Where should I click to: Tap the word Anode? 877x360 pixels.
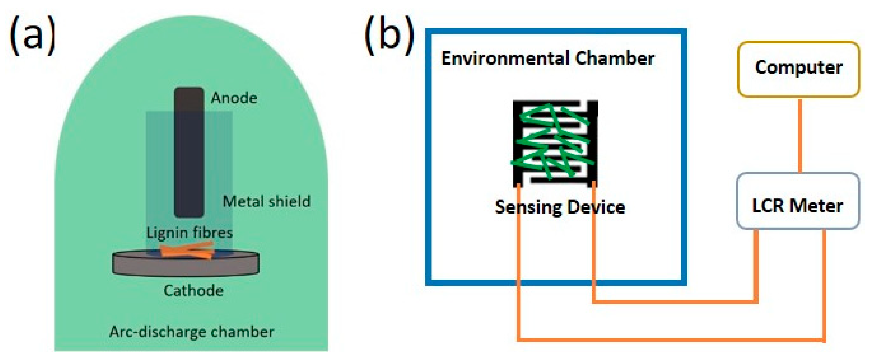(234, 98)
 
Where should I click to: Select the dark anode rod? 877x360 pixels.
(189, 153)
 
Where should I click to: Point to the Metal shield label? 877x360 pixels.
(266, 201)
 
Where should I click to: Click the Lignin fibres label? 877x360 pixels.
(189, 233)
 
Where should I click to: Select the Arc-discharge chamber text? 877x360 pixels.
(191, 332)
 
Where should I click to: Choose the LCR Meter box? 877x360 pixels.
(798, 201)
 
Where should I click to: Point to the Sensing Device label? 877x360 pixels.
(560, 207)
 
